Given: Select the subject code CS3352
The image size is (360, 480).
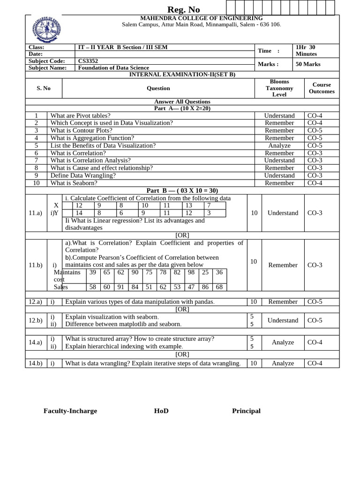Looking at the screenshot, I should pyautogui.click(x=88, y=61).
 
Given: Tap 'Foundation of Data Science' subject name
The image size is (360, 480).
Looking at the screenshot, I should pyautogui.click(x=113, y=67).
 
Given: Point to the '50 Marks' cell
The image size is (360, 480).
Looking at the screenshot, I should pyautogui.click(x=308, y=64).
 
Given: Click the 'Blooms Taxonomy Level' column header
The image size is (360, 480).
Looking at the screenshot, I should pyautogui.click(x=279, y=88).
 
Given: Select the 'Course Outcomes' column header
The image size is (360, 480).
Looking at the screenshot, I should pyautogui.click(x=322, y=88).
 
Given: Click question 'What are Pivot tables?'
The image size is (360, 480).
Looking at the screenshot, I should pyautogui.click(x=80, y=116).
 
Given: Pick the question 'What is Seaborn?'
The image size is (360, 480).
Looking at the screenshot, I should pyautogui.click(x=74, y=183).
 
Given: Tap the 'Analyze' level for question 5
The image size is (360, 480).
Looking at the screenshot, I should pyautogui.click(x=279, y=146).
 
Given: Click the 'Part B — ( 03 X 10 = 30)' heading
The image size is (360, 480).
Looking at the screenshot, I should pyautogui.click(x=182, y=190).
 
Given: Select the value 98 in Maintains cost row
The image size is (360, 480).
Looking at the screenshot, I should pyautogui.click(x=191, y=272).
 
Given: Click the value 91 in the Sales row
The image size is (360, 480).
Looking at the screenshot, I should pyautogui.click(x=121, y=287).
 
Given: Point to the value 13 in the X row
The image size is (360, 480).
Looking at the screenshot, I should pyautogui.click(x=188, y=205).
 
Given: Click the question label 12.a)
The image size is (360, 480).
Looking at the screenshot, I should pyautogui.click(x=36, y=302).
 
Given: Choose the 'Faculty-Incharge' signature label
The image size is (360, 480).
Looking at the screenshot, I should pyautogui.click(x=70, y=411).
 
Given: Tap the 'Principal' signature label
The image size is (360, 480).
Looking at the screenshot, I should pyautogui.click(x=246, y=411).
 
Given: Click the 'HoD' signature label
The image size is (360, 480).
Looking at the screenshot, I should pyautogui.click(x=161, y=411).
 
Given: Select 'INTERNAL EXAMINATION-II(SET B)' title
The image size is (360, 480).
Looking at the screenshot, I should pyautogui.click(x=182, y=75).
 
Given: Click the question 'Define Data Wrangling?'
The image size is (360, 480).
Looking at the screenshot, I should pyautogui.click(x=83, y=176).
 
